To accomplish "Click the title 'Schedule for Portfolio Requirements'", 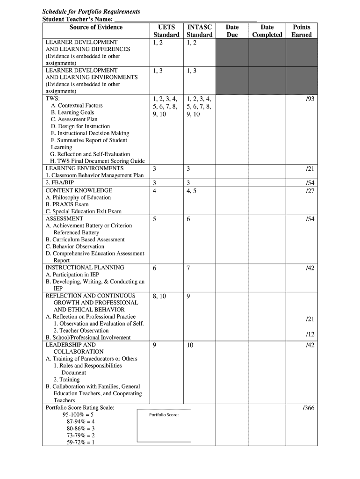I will click(91, 11).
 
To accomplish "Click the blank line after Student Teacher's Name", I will click(186, 19).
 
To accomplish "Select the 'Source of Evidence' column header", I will click(96, 27).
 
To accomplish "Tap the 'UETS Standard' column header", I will click(166, 31).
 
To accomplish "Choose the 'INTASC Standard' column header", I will click(199, 31).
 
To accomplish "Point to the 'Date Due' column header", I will click(232, 31).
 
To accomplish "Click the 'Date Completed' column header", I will click(267, 31).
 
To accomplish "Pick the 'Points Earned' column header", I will click(301, 31).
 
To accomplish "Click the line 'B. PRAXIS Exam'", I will click(67, 204).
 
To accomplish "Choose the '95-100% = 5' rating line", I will click(78, 415).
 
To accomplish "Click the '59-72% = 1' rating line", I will click(80, 443).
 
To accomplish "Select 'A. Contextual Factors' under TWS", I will click(77, 106).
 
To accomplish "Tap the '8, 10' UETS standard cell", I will click(159, 296).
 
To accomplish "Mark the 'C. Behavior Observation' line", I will click(75, 247).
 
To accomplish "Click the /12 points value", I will click(310, 334).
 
